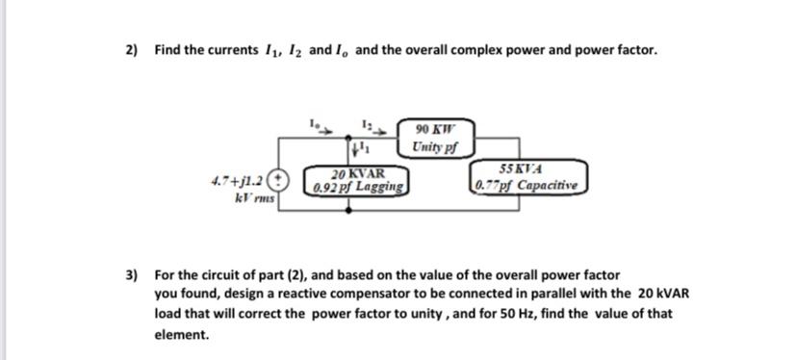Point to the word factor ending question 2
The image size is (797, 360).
pos(635,50)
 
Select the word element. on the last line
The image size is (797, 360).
pos(181,335)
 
